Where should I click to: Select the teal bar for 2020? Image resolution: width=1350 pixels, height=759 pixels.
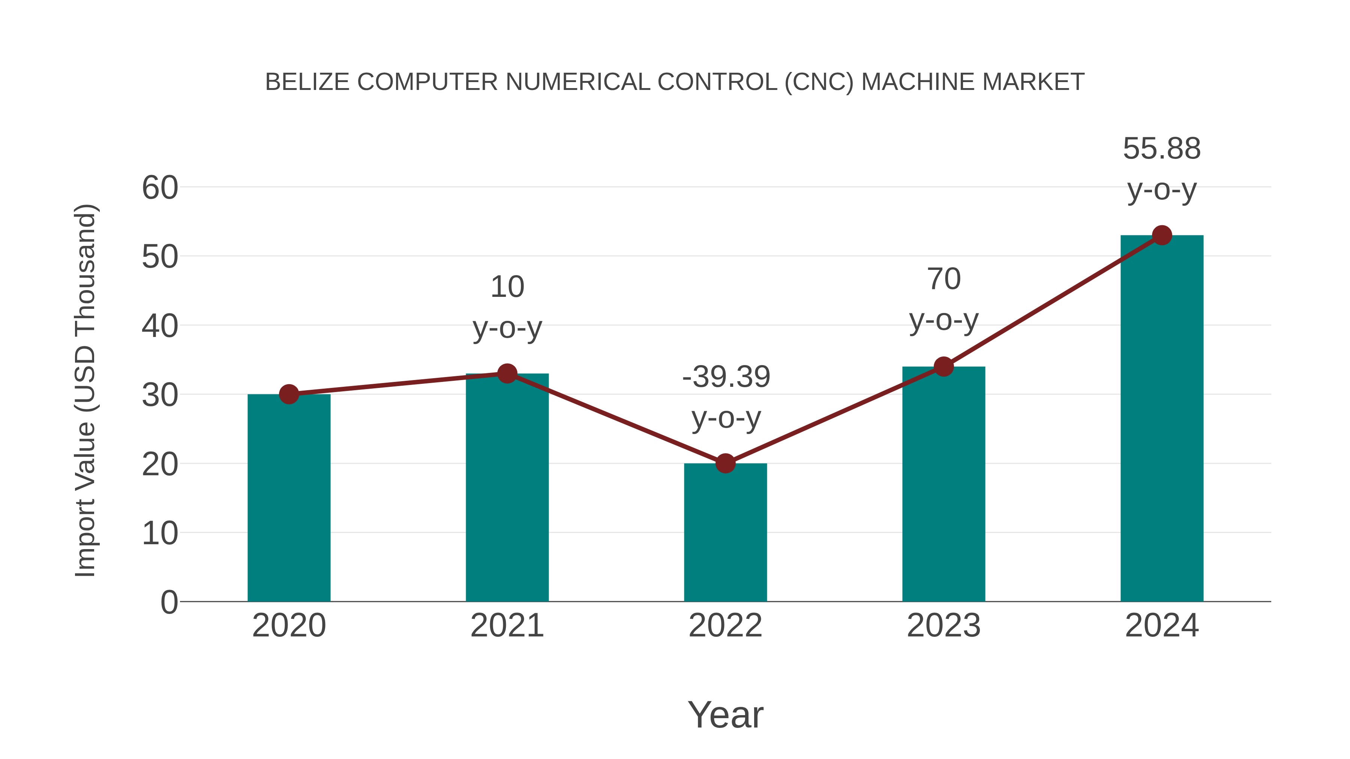coord(289,498)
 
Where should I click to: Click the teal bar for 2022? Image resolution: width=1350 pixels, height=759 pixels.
coord(725,532)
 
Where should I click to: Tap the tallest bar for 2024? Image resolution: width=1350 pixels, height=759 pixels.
coord(1162,419)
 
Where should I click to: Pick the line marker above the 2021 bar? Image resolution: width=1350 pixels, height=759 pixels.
coord(507,373)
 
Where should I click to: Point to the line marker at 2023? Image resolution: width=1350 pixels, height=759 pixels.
coord(943,367)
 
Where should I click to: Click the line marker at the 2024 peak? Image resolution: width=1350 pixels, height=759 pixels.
coord(1162,235)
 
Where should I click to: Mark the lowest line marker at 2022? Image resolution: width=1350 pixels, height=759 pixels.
coord(725,463)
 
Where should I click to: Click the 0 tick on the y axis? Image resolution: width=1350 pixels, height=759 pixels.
coord(169,602)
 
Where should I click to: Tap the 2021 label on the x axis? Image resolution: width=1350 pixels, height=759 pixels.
coord(507,626)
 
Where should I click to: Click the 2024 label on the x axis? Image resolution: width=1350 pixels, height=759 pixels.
coord(1162,626)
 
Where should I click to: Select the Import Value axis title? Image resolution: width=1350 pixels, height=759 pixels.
coord(85,390)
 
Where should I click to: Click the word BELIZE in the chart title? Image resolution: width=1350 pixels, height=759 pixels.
coord(307,82)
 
